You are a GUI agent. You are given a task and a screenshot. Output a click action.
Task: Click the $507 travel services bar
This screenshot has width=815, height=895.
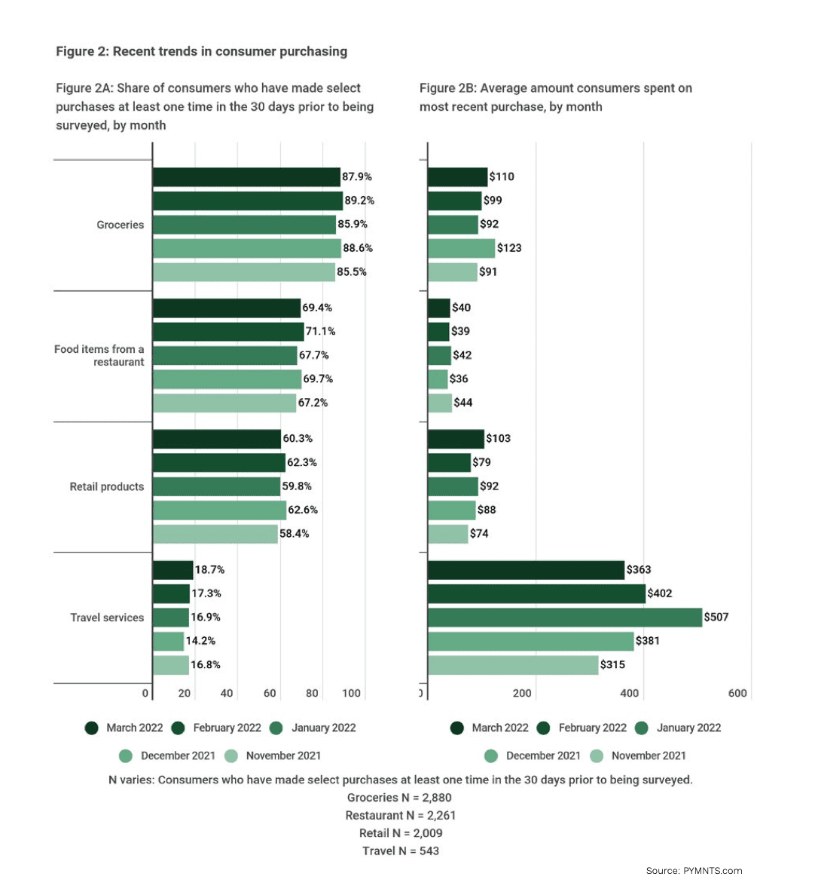tap(564, 618)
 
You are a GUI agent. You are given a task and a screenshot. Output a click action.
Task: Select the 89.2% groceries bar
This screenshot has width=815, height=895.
tap(247, 201)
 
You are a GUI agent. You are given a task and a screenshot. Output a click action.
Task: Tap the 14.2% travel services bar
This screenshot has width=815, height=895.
tap(168, 642)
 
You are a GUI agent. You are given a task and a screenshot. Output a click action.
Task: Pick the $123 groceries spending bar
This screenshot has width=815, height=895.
tap(461, 248)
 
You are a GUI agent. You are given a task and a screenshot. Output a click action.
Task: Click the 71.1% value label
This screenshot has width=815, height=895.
tap(320, 331)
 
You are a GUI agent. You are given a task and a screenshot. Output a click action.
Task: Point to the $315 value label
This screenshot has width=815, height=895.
tap(612, 664)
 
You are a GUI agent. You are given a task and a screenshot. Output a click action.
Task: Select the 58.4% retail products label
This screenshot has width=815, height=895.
tap(294, 534)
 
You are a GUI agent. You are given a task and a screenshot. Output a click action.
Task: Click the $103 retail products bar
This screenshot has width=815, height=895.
tap(456, 439)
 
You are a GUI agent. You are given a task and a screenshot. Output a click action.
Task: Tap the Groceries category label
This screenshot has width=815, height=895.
tap(120, 225)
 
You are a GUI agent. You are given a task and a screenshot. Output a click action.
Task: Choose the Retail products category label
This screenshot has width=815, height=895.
tap(106, 487)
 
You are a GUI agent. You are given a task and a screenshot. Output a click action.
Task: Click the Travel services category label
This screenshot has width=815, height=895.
tap(107, 618)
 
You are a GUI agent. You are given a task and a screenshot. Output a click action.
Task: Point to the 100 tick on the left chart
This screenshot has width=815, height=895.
tap(351, 693)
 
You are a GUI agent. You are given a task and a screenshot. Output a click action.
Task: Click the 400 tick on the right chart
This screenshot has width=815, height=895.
tap(629, 693)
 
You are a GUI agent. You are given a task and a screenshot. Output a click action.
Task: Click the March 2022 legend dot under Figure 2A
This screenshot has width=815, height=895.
tap(92, 728)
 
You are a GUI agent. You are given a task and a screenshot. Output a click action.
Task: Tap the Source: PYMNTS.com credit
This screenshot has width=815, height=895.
tap(694, 871)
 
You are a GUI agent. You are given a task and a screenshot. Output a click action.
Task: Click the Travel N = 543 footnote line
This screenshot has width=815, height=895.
tap(400, 851)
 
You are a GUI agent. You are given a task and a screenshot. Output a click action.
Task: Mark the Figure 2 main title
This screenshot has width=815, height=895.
tap(201, 51)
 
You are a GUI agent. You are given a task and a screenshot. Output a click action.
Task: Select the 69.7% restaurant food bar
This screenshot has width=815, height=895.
tap(227, 379)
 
